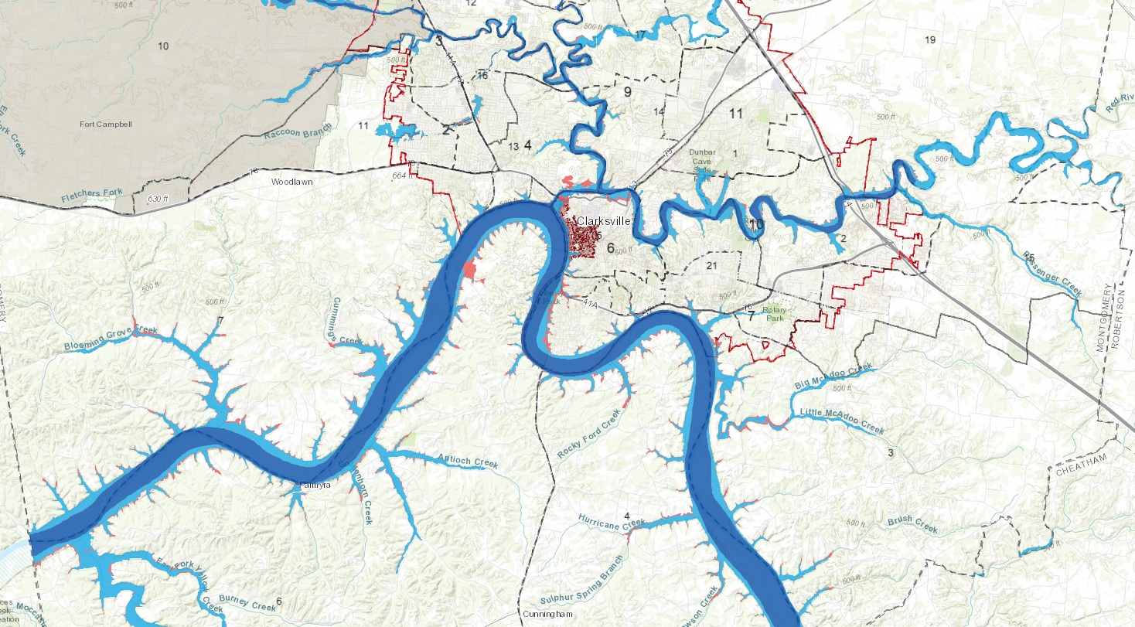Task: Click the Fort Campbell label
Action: [x=106, y=124]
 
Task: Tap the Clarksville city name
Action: [x=604, y=220]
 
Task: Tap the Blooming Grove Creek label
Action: [x=111, y=338]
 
